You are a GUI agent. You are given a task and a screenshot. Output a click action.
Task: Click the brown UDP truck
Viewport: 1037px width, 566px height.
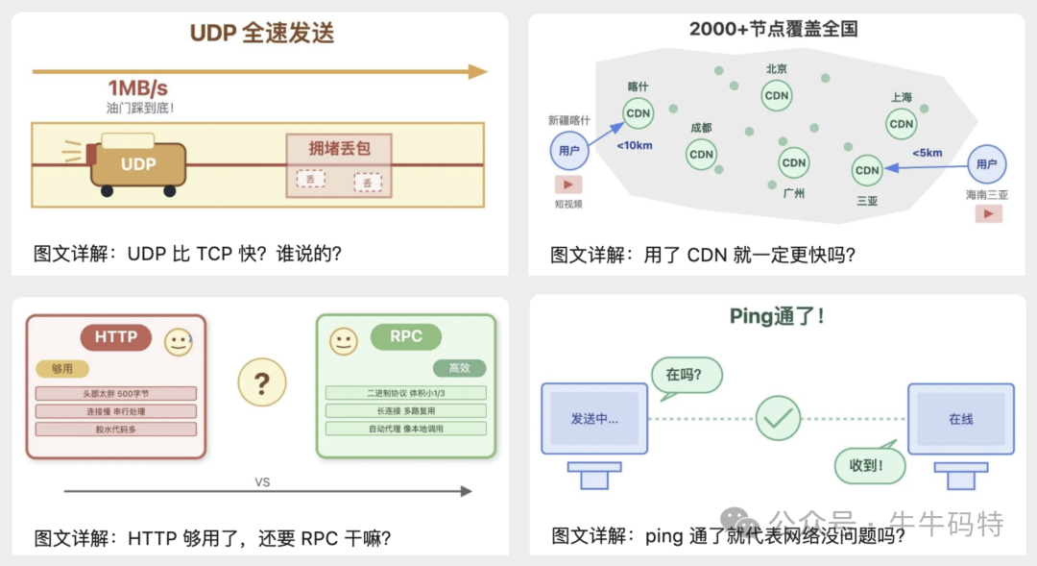[137, 164]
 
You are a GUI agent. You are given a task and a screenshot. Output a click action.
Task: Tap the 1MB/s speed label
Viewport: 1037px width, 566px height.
[137, 88]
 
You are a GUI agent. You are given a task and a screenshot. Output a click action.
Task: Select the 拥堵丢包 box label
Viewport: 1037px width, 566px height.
[339, 148]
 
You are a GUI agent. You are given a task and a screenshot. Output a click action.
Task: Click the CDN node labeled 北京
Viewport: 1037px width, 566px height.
[776, 95]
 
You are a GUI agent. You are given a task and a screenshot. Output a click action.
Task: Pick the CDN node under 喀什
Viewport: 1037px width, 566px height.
[638, 112]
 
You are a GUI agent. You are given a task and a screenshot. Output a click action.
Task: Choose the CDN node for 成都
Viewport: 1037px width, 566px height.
[701, 154]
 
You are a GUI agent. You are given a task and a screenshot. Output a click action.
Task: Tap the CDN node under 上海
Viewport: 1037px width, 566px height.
[901, 123]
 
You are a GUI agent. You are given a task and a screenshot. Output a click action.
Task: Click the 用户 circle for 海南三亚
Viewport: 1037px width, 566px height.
[986, 164]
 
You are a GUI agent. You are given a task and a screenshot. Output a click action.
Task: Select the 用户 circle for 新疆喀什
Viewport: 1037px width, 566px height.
[568, 150]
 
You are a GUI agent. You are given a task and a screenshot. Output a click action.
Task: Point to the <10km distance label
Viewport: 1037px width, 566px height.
[635, 145]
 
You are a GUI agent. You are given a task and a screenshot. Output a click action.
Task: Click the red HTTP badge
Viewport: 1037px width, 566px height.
[116, 337]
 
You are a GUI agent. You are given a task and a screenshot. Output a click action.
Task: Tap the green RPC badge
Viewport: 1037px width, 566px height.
[405, 337]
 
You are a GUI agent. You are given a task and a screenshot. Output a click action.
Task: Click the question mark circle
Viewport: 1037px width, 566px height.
[261, 383]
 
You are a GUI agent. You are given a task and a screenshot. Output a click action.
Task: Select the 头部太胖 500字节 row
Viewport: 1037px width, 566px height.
[116, 393]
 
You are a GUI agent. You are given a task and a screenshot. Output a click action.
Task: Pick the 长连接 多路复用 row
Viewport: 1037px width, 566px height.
[405, 410]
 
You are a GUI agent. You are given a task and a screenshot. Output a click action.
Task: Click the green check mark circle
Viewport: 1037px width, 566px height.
[778, 418]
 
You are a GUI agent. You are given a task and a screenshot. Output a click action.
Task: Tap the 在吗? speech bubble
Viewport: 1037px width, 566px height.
[686, 375]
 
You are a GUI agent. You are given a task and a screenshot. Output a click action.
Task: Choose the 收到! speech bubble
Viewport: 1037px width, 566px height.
[871, 466]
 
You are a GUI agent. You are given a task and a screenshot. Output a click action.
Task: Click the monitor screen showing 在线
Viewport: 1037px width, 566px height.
[960, 419]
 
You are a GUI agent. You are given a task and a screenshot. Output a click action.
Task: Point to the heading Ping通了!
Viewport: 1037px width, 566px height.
[777, 316]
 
